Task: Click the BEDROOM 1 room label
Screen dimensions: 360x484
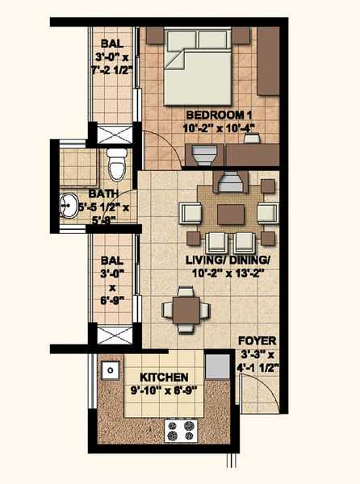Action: pyautogui.click(x=220, y=115)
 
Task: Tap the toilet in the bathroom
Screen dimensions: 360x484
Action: pyautogui.click(x=117, y=165)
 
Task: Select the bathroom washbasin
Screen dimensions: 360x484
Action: pyautogui.click(x=69, y=205)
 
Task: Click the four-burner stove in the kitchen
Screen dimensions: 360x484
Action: pyautogui.click(x=181, y=431)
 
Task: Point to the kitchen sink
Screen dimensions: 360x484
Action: pyautogui.click(x=111, y=369)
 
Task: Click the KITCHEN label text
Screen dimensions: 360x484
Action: pyautogui.click(x=164, y=378)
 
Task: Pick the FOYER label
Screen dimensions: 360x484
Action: pyautogui.click(x=257, y=341)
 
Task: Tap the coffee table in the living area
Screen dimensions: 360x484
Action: pyautogui.click(x=231, y=215)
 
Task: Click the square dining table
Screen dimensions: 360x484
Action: pyautogui.click(x=186, y=310)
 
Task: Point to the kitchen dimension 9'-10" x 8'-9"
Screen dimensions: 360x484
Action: pyautogui.click(x=164, y=390)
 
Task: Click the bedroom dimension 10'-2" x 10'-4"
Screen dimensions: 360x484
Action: pyautogui.click(x=220, y=127)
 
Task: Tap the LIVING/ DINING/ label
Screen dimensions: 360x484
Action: pyautogui.click(x=228, y=260)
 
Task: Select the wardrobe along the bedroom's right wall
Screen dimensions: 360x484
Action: pyautogui.click(x=268, y=61)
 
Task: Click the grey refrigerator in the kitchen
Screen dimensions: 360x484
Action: pyautogui.click(x=217, y=366)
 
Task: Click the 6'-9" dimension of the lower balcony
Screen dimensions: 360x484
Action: pyautogui.click(x=112, y=300)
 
